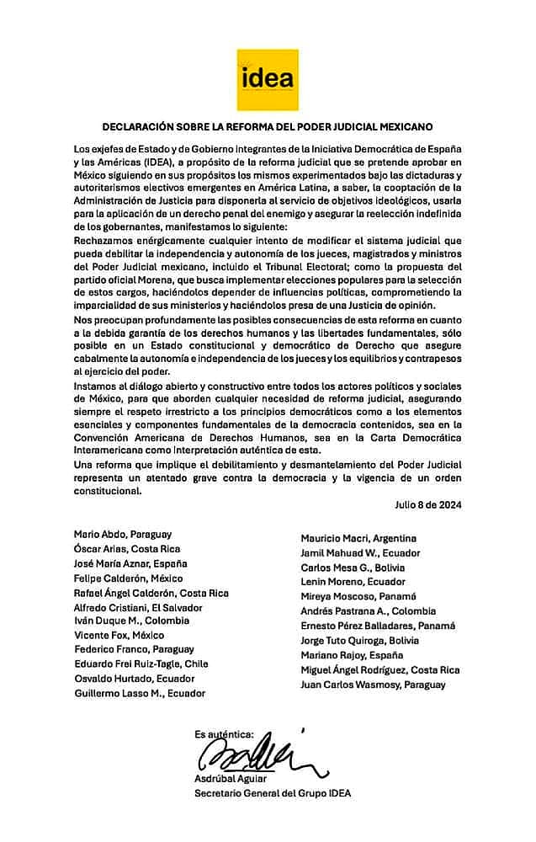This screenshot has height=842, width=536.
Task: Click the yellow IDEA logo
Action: pos(268,78)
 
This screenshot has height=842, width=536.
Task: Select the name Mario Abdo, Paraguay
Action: pos(123,534)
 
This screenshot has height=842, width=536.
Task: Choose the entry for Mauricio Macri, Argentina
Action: pos(358,537)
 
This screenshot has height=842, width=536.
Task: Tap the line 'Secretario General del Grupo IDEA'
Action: pos(273,793)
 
